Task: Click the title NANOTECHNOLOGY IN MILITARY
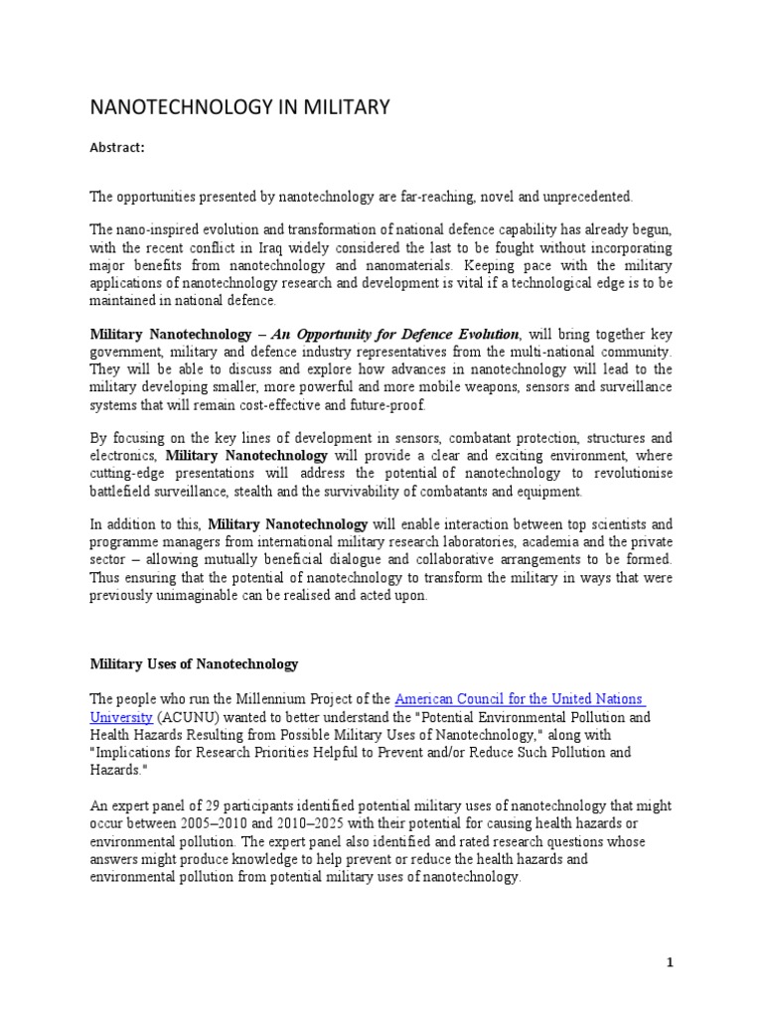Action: (240, 106)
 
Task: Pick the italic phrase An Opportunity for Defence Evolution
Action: (398, 335)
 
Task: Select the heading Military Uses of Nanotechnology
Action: (194, 662)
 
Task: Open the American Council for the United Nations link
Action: (520, 699)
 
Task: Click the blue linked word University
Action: (120, 716)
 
